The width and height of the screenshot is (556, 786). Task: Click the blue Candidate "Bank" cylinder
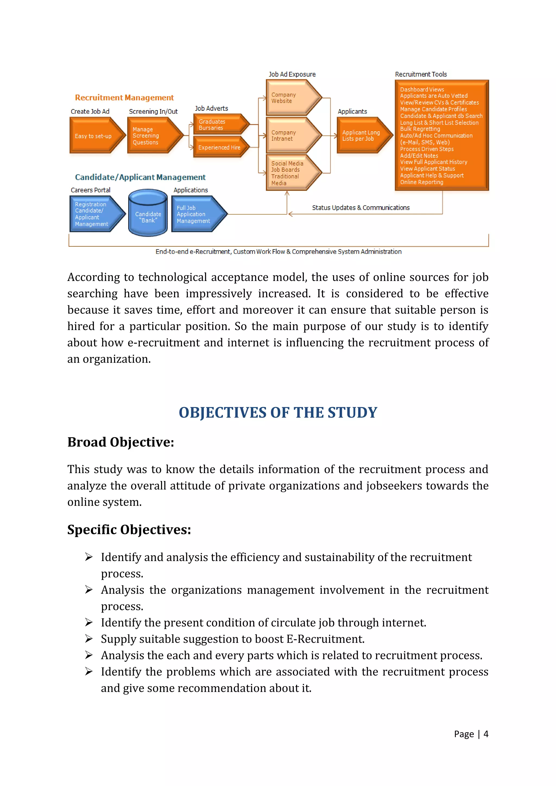pos(148,214)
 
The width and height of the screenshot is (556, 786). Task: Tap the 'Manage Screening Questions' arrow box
pos(153,135)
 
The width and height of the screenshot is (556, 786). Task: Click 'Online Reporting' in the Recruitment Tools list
pos(422,182)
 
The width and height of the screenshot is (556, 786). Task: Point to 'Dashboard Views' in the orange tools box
pos(422,89)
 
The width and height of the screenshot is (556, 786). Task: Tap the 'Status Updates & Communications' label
pos(361,208)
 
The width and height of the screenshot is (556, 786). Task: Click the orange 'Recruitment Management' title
pos(124,97)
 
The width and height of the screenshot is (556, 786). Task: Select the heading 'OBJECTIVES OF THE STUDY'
pos(278,413)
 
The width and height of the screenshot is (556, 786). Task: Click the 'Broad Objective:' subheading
pos(121,442)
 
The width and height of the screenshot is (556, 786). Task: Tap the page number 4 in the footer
pos(486,734)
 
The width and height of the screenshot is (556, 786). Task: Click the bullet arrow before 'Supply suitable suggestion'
pos(89,639)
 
